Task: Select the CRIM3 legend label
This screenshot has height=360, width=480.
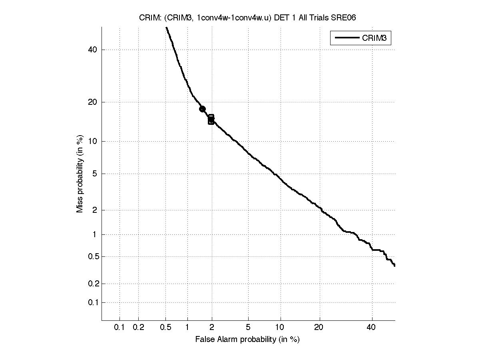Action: pos(375,38)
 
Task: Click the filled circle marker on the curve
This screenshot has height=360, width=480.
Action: pos(202,109)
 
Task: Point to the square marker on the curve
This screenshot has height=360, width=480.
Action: pos(211,119)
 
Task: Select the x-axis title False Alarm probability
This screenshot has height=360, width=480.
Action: pos(247,340)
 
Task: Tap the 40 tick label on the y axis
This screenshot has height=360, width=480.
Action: pos(92,50)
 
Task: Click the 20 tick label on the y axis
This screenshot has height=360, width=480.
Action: pos(92,102)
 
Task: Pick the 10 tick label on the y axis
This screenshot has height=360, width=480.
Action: pos(92,141)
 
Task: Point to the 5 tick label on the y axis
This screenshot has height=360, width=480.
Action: pos(95,174)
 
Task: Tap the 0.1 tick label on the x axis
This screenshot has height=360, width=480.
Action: pos(120,328)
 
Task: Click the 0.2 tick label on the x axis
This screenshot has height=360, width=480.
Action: pos(138,328)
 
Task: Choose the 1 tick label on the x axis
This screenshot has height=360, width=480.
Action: pos(187,328)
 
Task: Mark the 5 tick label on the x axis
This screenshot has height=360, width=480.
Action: pos(248,328)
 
